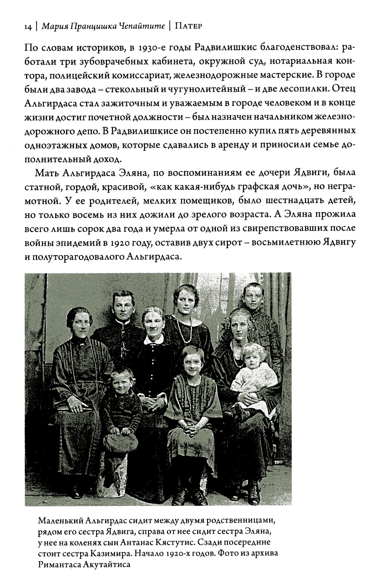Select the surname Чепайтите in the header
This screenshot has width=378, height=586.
point(144,27)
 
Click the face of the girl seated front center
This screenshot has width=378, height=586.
point(194,363)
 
